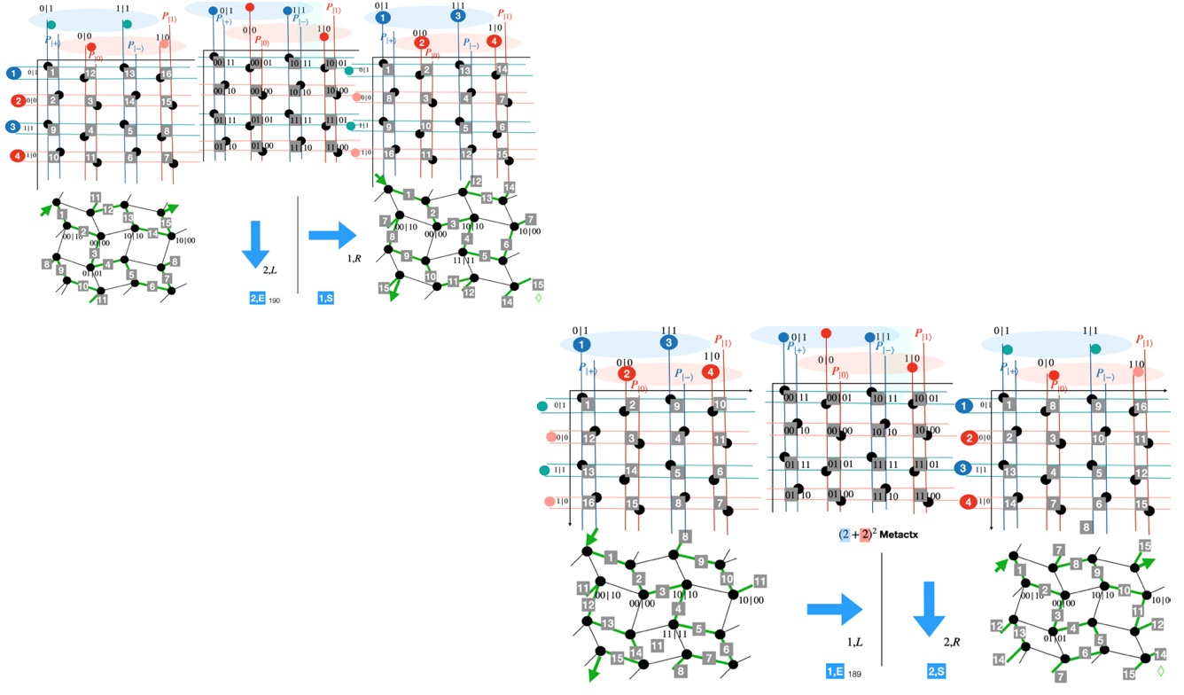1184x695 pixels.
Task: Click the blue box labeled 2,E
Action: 258,300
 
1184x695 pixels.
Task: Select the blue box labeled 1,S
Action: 325,300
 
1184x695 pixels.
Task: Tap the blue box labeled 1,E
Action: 834,673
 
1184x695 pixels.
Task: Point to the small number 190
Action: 274,301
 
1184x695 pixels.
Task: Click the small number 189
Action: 854,675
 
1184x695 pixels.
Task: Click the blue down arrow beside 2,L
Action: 256,245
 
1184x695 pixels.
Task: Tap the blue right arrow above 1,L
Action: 834,610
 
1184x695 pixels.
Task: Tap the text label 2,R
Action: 952,640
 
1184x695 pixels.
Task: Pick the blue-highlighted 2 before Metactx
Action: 845,535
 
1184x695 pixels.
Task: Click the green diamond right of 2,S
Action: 1160,672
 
